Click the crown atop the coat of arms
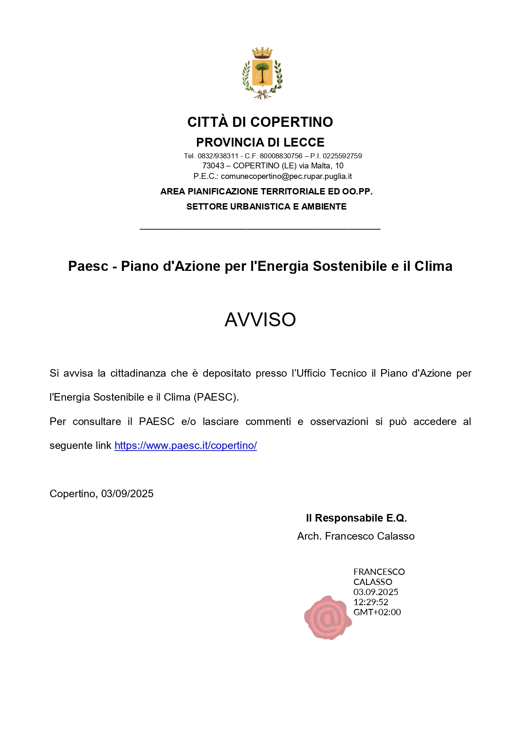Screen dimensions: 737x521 pyautogui.click(x=262, y=53)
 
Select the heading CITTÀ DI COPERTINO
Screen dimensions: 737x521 pyautogui.click(x=260, y=122)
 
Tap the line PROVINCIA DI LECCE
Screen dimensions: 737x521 pyautogui.click(x=260, y=142)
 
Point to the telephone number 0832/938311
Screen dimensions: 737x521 pyautogui.click(x=218, y=156)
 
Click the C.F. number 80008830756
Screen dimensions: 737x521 pyautogui.click(x=281, y=156)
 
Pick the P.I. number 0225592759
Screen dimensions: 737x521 pyautogui.click(x=342, y=156)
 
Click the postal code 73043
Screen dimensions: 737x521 pyautogui.click(x=213, y=166)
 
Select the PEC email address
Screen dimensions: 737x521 pyautogui.click(x=286, y=176)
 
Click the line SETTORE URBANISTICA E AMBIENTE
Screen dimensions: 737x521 pyautogui.click(x=266, y=207)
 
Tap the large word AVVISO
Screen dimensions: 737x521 pyautogui.click(x=260, y=320)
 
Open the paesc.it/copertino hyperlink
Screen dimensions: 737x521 pyautogui.click(x=186, y=446)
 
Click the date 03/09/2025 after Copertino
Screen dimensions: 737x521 pyautogui.click(x=127, y=494)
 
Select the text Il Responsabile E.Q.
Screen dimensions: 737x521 pyautogui.click(x=356, y=518)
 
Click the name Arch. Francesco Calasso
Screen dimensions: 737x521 pyautogui.click(x=356, y=536)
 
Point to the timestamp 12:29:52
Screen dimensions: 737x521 pyautogui.click(x=371, y=602)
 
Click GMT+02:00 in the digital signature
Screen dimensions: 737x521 pyautogui.click(x=377, y=612)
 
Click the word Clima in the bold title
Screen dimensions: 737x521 pyautogui.click(x=433, y=266)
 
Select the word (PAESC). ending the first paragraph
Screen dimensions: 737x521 pyautogui.click(x=216, y=397)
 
